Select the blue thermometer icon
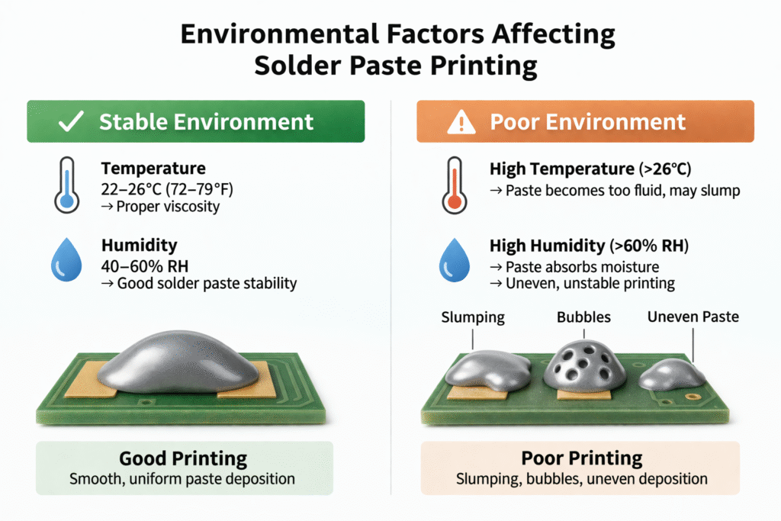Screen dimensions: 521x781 click(x=66, y=188)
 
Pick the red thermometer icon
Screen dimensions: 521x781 click(x=455, y=188)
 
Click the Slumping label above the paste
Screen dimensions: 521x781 click(x=473, y=317)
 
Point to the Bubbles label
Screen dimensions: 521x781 click(x=583, y=317)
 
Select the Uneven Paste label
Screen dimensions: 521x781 click(x=693, y=317)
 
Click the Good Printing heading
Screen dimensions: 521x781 click(x=183, y=459)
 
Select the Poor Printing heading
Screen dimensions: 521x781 click(x=582, y=459)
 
